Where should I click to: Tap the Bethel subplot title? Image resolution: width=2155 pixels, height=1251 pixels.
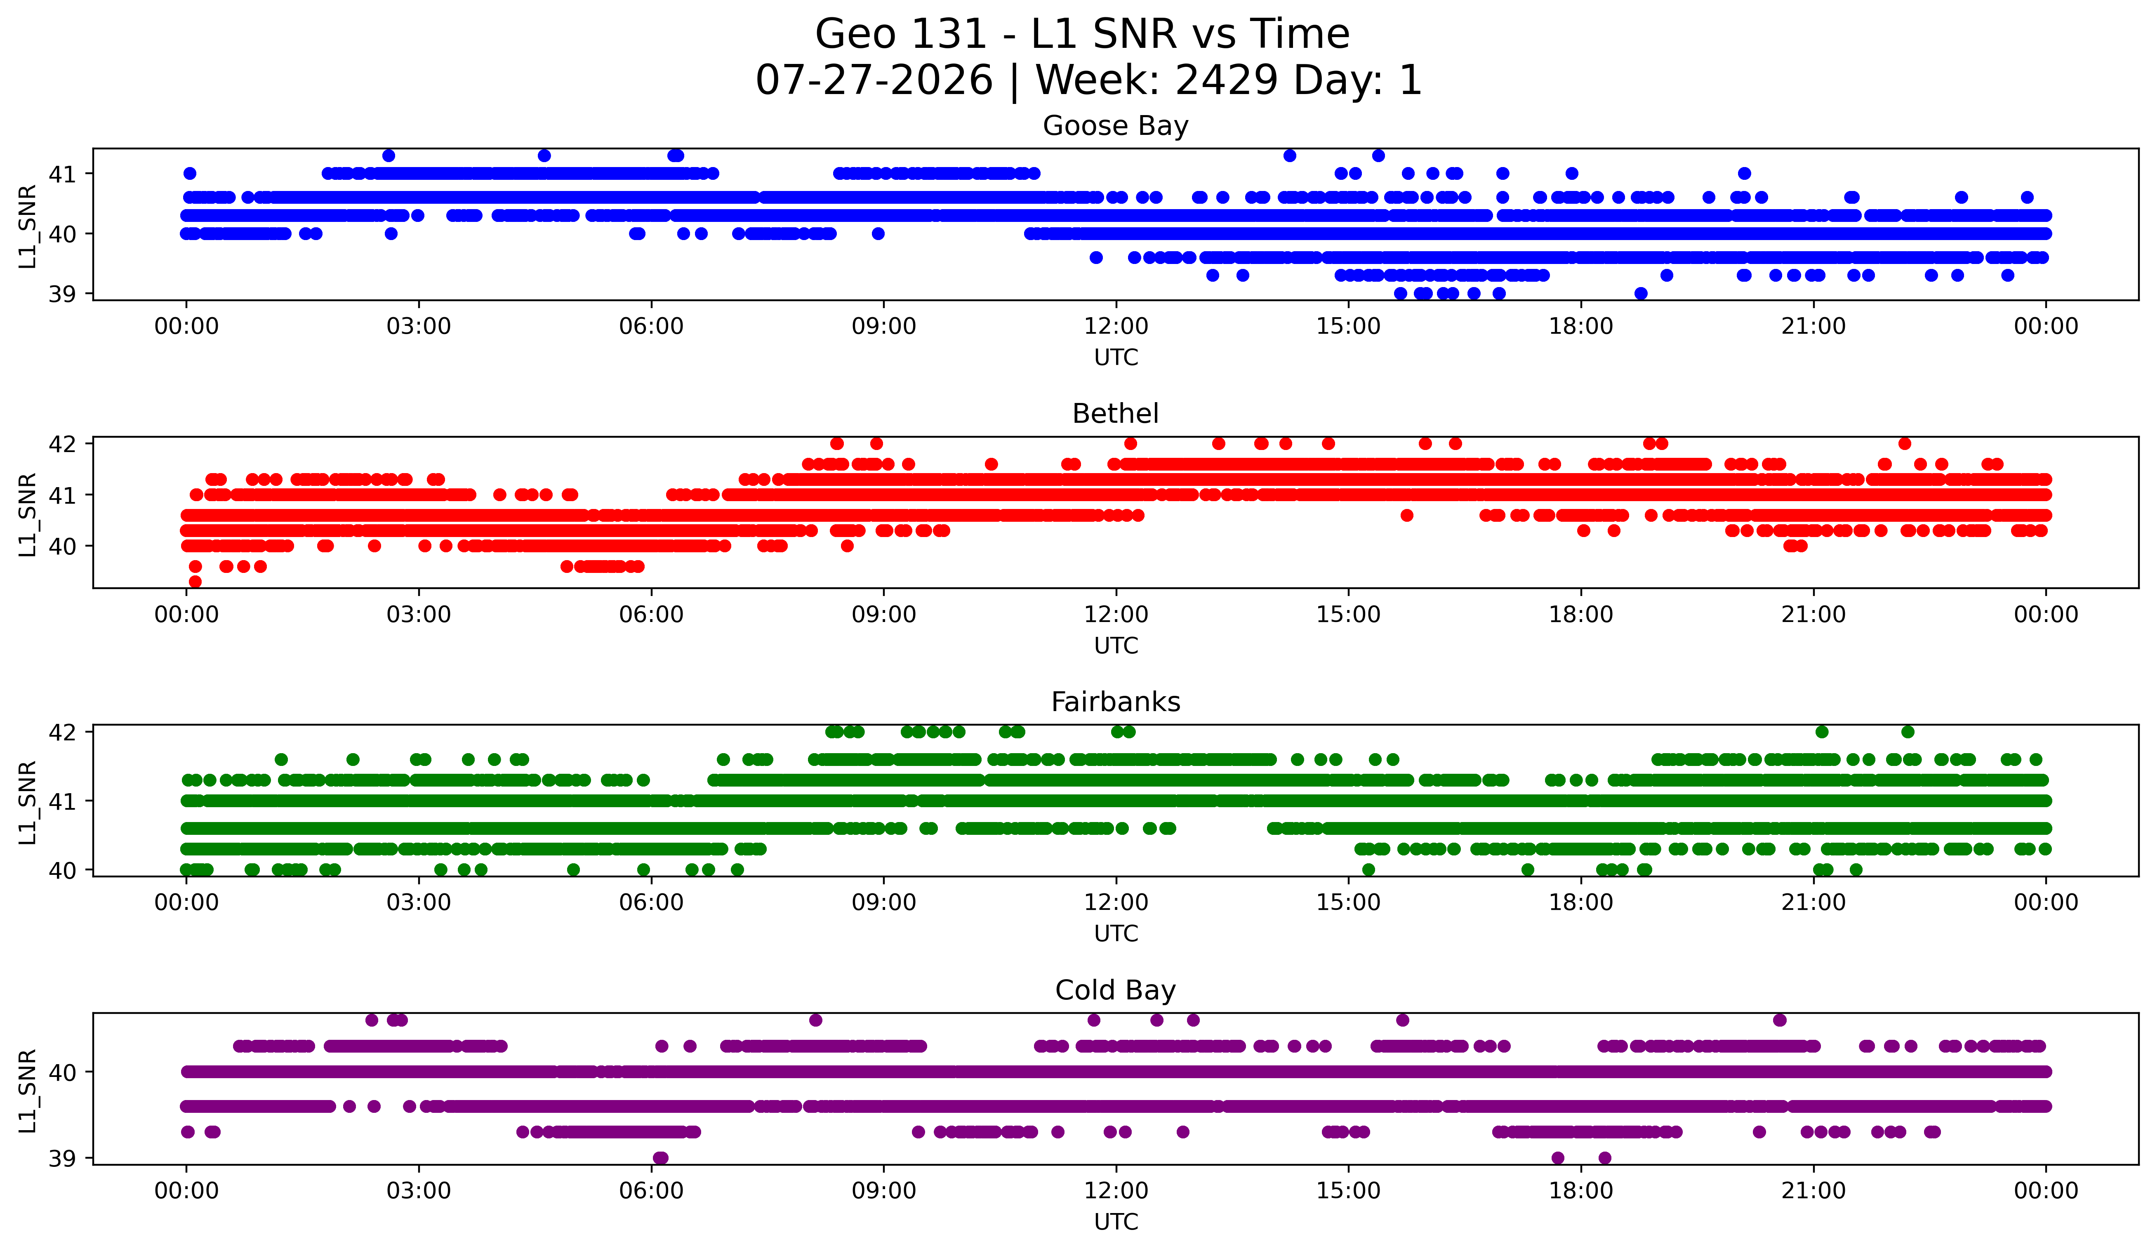point(1115,414)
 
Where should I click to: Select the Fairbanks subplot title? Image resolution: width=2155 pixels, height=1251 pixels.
point(1115,702)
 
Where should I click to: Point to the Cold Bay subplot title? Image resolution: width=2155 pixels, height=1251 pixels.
point(1115,990)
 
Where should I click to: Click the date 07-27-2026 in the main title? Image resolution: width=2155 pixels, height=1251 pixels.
point(874,80)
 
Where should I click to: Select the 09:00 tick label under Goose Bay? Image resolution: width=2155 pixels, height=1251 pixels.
point(883,327)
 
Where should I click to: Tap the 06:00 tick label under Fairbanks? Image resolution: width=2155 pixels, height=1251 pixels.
point(651,903)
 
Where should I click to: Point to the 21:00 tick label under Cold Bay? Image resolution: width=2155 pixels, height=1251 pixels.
point(1813,1191)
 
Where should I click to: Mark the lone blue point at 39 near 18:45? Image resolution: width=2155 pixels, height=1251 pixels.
point(1640,293)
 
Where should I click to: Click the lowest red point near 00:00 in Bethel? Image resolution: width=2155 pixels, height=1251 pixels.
point(195,582)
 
